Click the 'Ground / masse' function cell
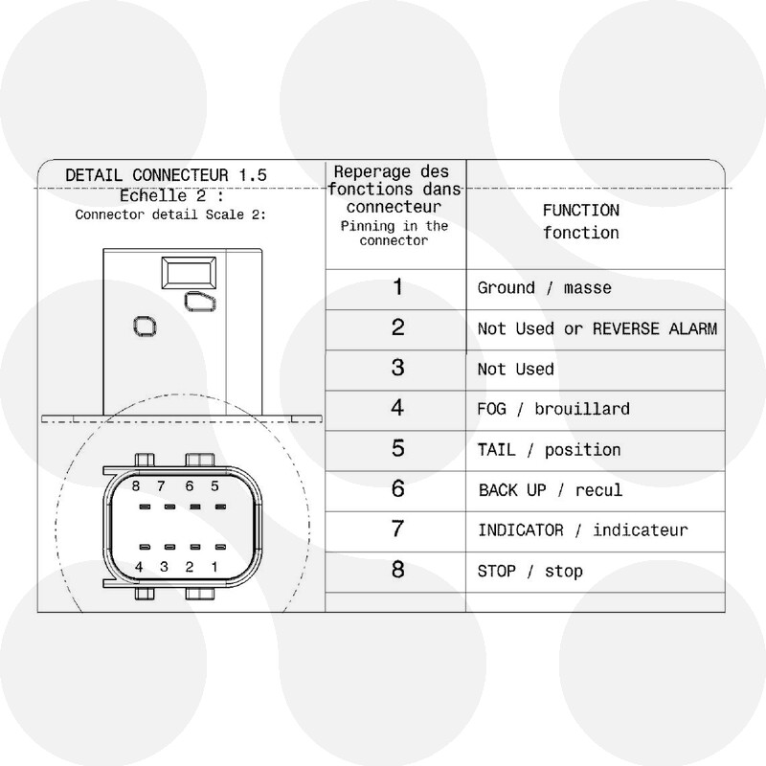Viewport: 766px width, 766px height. (x=544, y=288)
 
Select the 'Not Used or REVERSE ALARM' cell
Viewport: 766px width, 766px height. (x=597, y=328)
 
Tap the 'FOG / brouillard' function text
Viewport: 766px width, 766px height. (x=553, y=409)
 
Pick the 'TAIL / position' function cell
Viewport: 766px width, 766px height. (x=549, y=449)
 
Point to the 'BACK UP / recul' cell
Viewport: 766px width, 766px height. (x=551, y=490)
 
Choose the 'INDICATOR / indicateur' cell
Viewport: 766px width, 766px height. (x=583, y=530)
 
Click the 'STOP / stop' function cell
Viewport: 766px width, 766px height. (x=530, y=571)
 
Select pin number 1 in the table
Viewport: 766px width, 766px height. (x=397, y=286)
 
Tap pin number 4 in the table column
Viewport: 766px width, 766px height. (x=397, y=408)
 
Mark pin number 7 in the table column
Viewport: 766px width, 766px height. (x=397, y=529)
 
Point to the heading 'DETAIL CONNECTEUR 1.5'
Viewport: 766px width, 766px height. (x=166, y=175)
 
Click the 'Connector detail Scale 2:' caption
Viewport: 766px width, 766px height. (x=170, y=214)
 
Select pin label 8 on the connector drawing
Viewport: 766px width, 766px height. (x=136, y=485)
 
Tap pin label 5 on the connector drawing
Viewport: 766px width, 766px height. (x=214, y=485)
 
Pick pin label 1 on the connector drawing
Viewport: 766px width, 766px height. (x=214, y=567)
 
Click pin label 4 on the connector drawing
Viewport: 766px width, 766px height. (x=139, y=567)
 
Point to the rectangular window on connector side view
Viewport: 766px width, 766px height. (x=189, y=272)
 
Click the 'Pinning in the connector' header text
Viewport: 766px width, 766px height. (x=394, y=233)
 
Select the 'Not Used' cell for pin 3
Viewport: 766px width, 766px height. (x=516, y=369)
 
